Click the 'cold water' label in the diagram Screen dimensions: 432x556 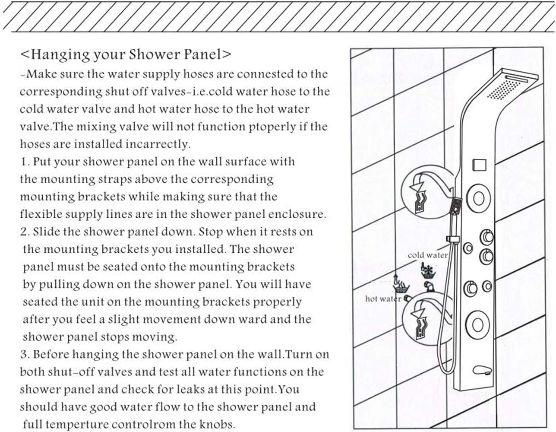click(427, 255)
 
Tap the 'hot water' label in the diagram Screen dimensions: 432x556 click(383, 299)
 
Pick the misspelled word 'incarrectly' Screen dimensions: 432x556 click(158, 144)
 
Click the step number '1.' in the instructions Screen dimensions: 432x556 click(25, 162)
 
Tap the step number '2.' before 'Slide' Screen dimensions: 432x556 click(25, 232)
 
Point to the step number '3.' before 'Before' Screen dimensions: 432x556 click(25, 355)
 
